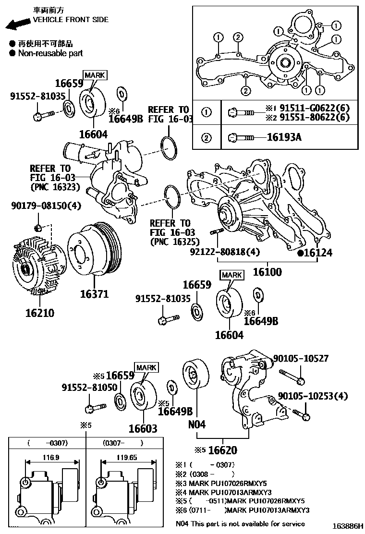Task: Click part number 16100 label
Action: pyautogui.click(x=268, y=271)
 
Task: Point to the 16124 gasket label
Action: pyautogui.click(x=317, y=253)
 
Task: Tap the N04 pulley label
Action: pyautogui.click(x=197, y=425)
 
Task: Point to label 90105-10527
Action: pyautogui.click(x=301, y=358)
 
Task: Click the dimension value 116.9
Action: pyautogui.click(x=47, y=458)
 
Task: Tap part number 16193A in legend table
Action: pyautogui.click(x=284, y=137)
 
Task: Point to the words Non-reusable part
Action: pyautogui.click(x=50, y=53)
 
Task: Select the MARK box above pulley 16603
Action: pyautogui.click(x=146, y=367)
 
